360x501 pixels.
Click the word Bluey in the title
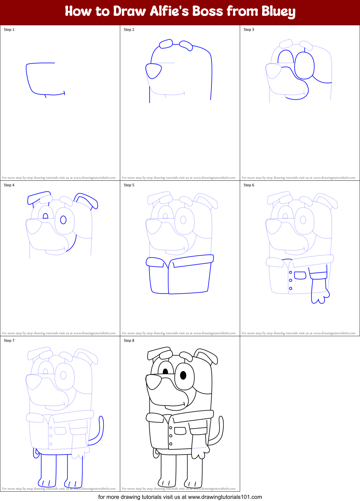click(278, 12)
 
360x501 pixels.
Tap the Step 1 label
click(9, 30)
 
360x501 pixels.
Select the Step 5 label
click(129, 185)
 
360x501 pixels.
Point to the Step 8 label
click(129, 341)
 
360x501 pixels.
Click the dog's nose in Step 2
click(154, 71)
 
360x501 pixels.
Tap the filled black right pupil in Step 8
click(183, 375)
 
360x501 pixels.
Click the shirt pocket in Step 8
click(180, 431)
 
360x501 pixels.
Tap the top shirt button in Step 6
click(291, 272)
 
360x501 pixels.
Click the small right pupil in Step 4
click(63, 220)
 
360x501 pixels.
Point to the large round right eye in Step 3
click(304, 66)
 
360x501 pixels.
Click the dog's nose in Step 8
click(154, 382)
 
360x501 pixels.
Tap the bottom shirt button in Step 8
click(171, 444)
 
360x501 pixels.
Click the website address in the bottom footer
click(225, 497)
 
